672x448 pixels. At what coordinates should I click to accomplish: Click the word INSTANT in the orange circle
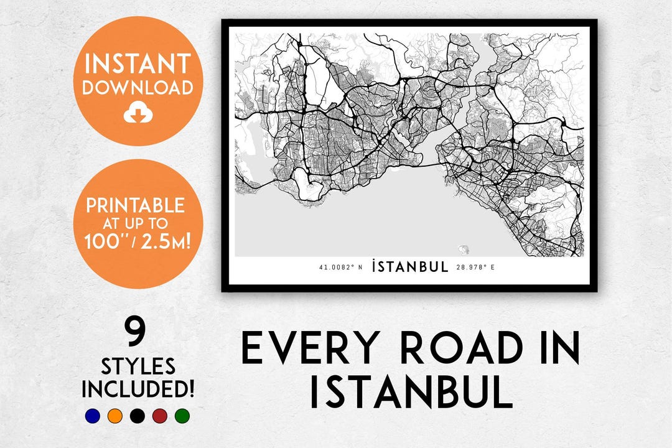pos(138,64)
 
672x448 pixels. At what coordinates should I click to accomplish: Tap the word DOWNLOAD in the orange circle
pos(138,88)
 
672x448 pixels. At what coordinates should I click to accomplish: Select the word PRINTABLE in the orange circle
pos(135,205)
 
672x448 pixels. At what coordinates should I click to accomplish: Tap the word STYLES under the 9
pos(138,365)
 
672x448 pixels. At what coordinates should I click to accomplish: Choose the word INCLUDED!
pos(138,389)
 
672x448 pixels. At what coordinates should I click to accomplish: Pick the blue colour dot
pos(93,416)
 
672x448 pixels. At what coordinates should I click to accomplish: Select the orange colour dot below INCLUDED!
pos(114,416)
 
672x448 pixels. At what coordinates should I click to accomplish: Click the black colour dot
pos(138,416)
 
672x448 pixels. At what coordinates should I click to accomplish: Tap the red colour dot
pos(160,416)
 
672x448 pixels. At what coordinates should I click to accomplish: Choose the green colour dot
pos(182,416)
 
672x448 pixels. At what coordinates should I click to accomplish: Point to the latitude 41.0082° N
pos(340,268)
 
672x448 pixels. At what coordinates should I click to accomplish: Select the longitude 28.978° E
pos(475,268)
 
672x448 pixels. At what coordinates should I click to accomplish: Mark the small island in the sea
pos(464,250)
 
